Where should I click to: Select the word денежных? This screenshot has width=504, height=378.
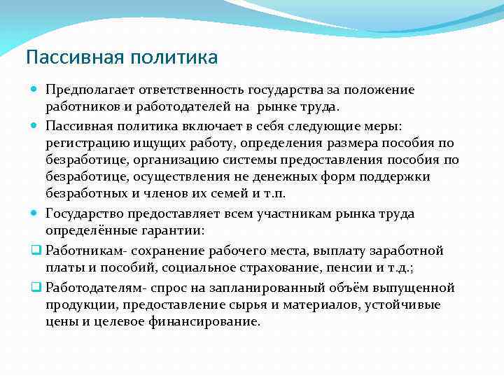(258, 176)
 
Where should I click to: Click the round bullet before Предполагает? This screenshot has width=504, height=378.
(35, 90)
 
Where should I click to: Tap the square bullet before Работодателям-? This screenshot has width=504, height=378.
(35, 288)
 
